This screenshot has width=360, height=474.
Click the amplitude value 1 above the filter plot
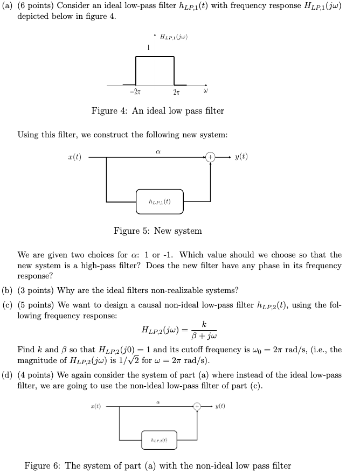click(x=148, y=48)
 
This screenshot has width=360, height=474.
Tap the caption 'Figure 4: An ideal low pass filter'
click(x=157, y=111)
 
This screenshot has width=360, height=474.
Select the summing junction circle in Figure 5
click(x=210, y=158)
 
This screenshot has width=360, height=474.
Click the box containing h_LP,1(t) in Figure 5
click(x=160, y=201)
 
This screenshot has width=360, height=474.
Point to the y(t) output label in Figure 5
click(x=241, y=157)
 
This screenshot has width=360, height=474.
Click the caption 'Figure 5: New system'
click(x=157, y=231)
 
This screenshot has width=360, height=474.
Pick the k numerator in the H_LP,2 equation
click(x=204, y=324)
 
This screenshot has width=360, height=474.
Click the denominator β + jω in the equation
click(x=203, y=335)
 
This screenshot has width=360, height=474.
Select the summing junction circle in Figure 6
click(x=198, y=407)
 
